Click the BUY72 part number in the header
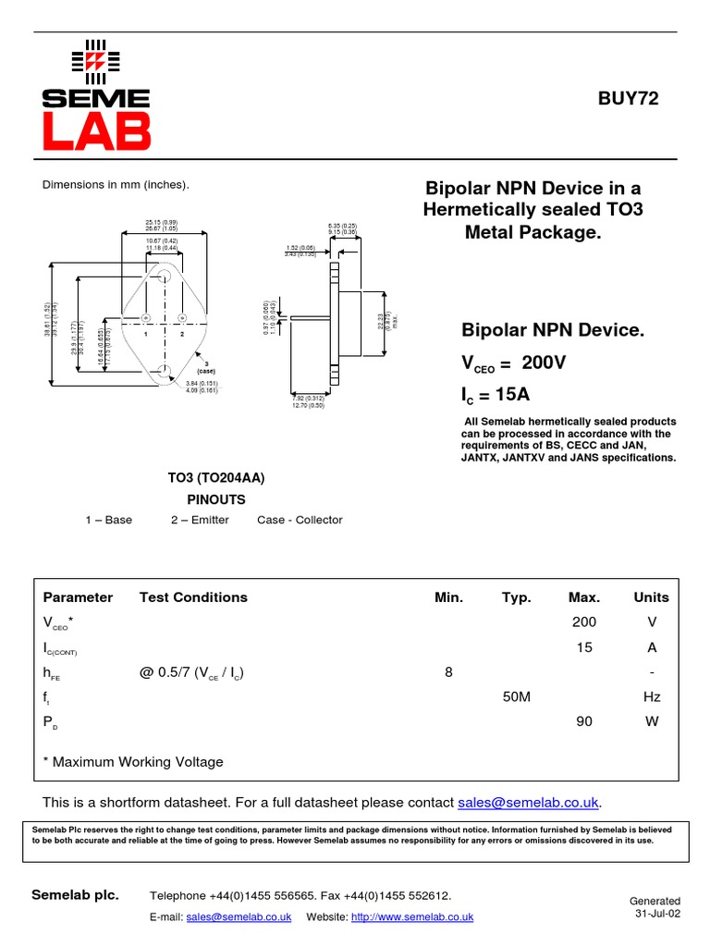click(x=629, y=99)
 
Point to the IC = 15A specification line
click(x=496, y=395)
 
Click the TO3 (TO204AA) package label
click(x=215, y=478)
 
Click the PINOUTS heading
click(x=216, y=499)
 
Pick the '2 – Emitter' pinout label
click(x=200, y=520)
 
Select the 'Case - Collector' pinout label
click(x=300, y=520)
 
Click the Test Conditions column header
click(x=193, y=597)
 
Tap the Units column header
click(x=652, y=597)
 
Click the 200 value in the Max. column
click(x=584, y=622)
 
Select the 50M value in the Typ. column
click(x=516, y=697)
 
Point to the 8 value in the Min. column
click(x=448, y=672)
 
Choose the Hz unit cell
click(x=652, y=697)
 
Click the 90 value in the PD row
click(x=584, y=722)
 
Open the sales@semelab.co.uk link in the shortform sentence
click(x=528, y=802)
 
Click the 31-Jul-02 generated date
click(x=657, y=913)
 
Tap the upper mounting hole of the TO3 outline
click(x=165, y=276)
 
